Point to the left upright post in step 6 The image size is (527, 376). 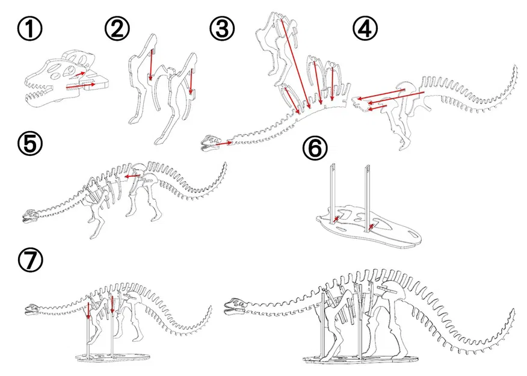tap(331, 193)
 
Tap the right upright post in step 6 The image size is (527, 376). tap(366, 193)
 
